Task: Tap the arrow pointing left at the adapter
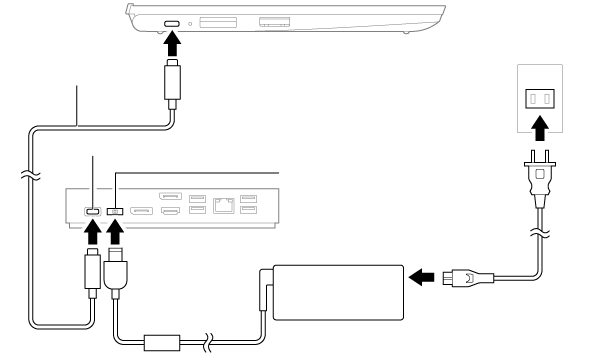(x=422, y=274)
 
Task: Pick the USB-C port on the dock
(x=92, y=211)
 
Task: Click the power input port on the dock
(x=115, y=211)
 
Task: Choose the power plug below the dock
(x=116, y=272)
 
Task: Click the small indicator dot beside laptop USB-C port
(x=189, y=22)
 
